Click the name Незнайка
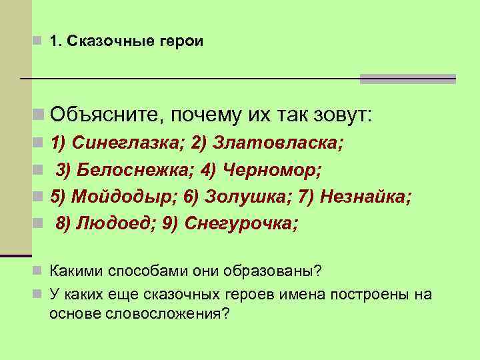click(x=365, y=197)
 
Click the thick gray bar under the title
click(x=407, y=79)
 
